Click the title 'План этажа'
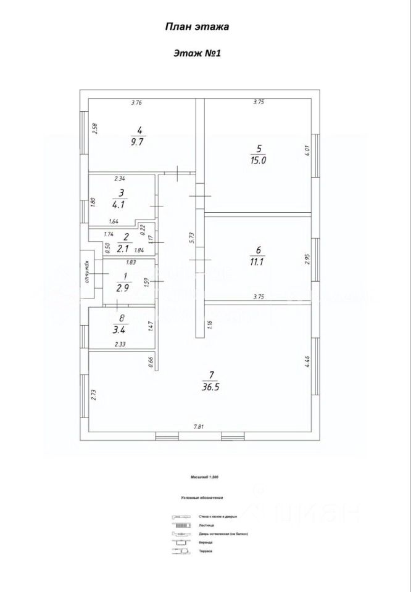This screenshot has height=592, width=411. pyautogui.click(x=197, y=27)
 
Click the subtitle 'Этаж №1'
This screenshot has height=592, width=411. pyautogui.click(x=197, y=54)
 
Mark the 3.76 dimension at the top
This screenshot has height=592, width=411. pyautogui.click(x=136, y=103)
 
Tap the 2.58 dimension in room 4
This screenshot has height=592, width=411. pyautogui.click(x=94, y=129)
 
